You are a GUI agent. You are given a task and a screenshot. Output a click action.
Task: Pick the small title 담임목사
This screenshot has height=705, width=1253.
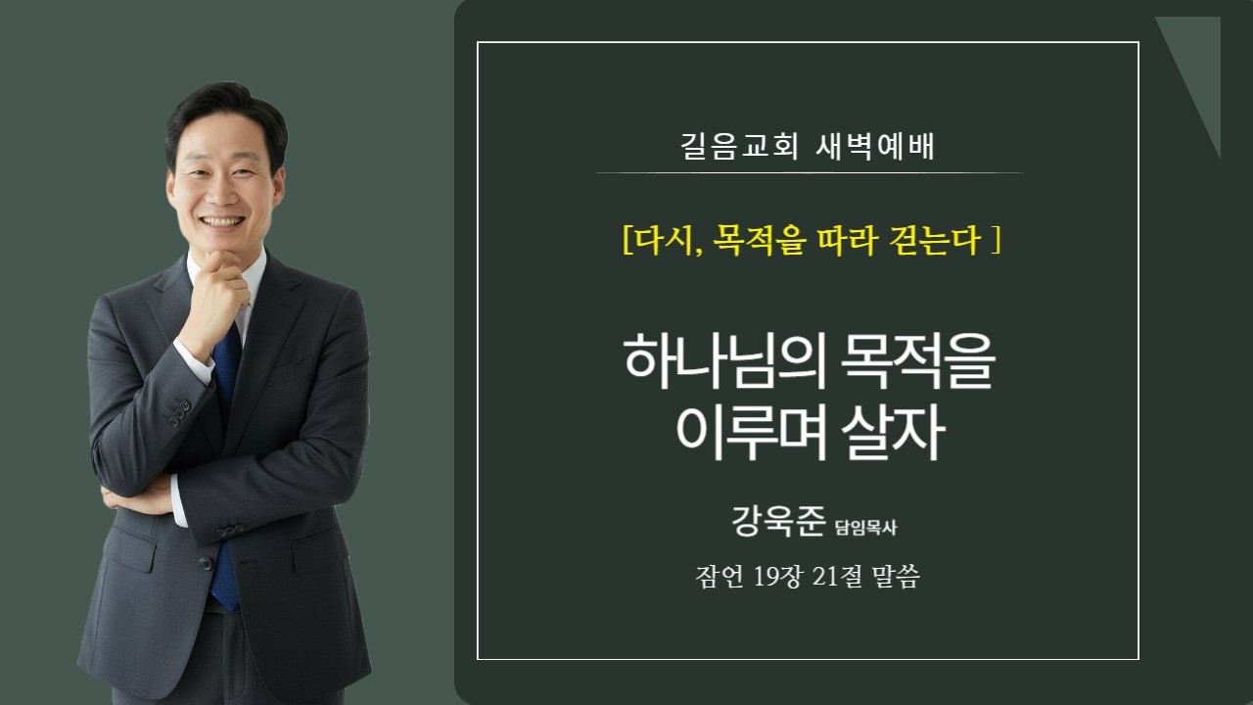[x=866, y=528]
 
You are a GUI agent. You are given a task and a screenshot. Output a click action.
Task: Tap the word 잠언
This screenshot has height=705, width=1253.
[x=720, y=578]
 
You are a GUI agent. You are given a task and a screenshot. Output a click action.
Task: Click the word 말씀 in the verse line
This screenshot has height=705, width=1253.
[x=895, y=578]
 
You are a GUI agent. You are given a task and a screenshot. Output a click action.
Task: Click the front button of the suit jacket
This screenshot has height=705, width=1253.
[x=206, y=563]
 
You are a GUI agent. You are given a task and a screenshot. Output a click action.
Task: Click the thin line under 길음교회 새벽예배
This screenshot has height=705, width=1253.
[x=809, y=173]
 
